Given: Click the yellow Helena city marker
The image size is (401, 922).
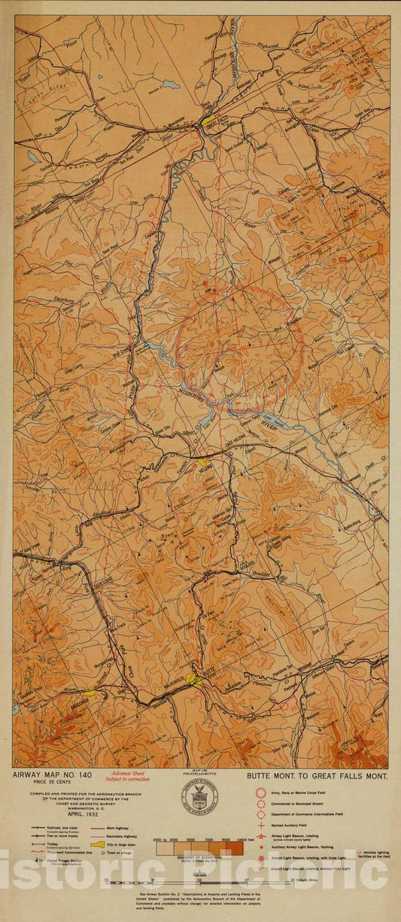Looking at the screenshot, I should tap(202, 461).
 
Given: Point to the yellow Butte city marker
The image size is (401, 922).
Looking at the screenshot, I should tap(194, 679).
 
